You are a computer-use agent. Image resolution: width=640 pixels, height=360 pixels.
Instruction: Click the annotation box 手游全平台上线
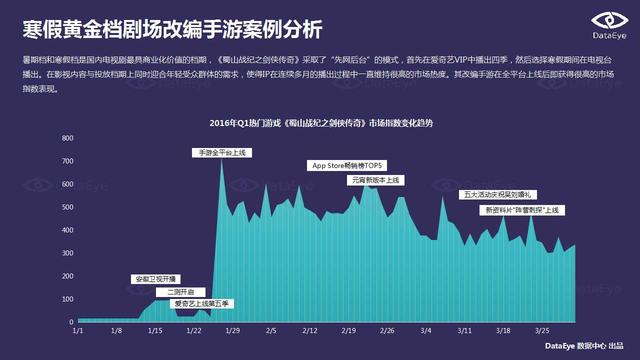[222, 152]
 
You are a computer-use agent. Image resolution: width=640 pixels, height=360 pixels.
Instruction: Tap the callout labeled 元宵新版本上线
[375, 179]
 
